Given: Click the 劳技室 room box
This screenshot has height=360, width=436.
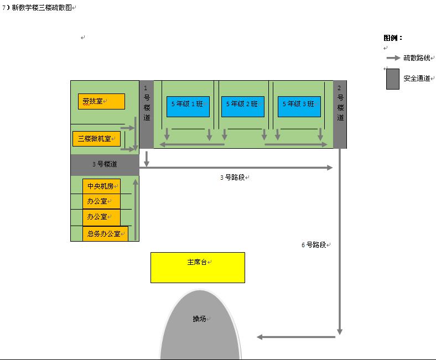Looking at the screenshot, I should coord(101,102).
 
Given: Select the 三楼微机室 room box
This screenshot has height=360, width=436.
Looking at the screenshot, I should coord(96,139).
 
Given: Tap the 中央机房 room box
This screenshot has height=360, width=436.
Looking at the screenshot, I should coord(101,186).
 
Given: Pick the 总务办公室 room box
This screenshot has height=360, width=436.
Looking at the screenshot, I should coord(105,234).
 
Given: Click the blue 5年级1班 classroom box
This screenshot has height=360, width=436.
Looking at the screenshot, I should coord(188,106).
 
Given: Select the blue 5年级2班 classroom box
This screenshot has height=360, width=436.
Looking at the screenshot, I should coord(242,106).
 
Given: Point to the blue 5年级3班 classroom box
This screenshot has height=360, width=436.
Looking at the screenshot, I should coord(299,106).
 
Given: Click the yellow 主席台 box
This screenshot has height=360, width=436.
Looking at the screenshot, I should coord(198,268).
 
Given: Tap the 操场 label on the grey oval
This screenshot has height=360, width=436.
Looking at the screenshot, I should coord(199,319).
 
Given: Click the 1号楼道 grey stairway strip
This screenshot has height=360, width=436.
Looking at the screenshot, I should coord(146,114).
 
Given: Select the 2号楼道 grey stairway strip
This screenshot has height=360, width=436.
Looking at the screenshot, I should coord(340,114).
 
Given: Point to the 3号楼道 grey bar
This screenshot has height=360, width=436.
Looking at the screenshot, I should coord(105,165).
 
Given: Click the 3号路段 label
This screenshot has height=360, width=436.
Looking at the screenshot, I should coord(233,178).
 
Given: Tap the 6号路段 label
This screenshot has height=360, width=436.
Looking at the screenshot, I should coord(314,245).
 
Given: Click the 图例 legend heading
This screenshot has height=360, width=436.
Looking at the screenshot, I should coord(392,38).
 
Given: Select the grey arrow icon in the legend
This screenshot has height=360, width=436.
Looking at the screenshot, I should coord(393,58).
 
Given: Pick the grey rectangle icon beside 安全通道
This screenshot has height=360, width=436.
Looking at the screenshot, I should coord(393,79).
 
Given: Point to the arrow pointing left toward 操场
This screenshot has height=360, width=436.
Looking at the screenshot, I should coord(296,337).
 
